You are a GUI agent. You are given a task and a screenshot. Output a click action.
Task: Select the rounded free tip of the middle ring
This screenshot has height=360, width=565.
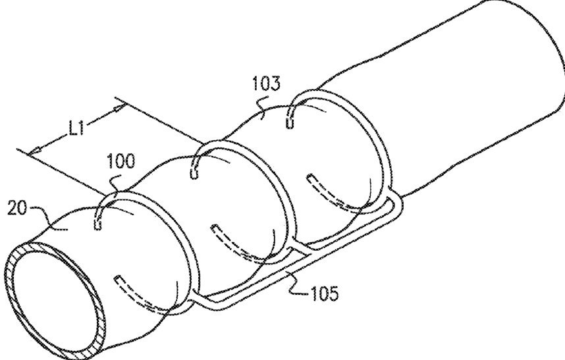[194, 174]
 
